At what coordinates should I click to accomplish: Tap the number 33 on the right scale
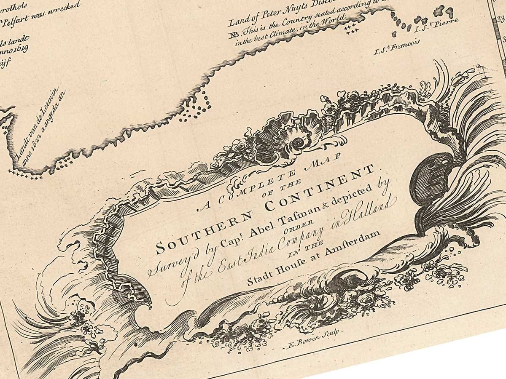[501, 19]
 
